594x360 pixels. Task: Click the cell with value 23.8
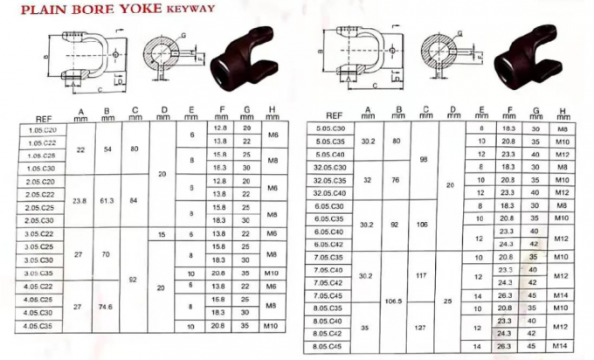click(x=79, y=201)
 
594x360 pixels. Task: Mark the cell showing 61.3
click(x=107, y=201)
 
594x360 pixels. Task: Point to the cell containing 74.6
click(x=107, y=307)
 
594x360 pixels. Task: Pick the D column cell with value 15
click(x=162, y=234)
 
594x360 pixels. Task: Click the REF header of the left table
click(x=43, y=118)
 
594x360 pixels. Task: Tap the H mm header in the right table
click(x=562, y=113)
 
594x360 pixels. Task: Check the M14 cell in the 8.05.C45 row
click(x=562, y=347)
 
